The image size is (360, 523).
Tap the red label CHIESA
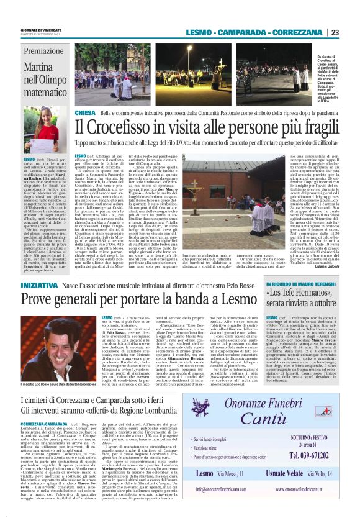(85, 112)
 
